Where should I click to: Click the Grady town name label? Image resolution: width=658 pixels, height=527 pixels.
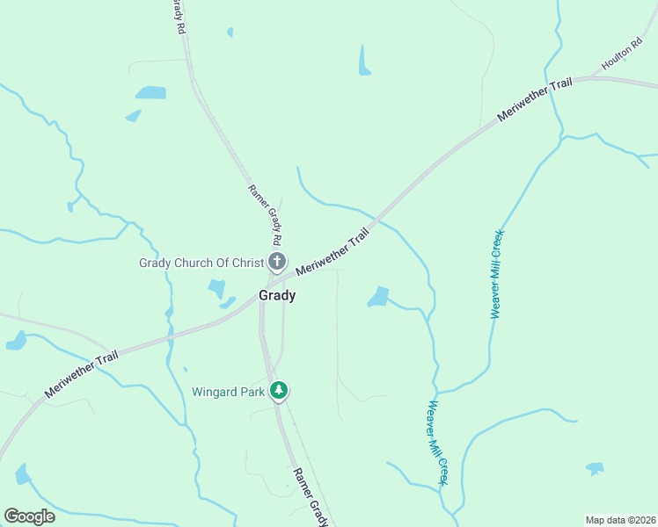(x=277, y=296)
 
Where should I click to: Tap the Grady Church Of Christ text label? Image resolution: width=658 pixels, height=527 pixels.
(x=201, y=263)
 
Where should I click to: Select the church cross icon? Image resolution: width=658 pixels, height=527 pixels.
(x=277, y=261)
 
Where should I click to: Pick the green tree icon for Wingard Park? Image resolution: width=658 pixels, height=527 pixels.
(x=279, y=390)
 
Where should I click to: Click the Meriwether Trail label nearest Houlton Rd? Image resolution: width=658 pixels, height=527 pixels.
(x=535, y=101)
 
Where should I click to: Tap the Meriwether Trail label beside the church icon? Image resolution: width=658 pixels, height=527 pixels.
(x=333, y=253)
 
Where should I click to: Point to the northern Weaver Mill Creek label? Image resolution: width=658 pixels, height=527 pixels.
(x=496, y=274)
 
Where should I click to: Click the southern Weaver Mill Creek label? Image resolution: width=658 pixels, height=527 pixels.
(x=438, y=443)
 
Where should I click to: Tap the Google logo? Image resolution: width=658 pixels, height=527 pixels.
(x=30, y=516)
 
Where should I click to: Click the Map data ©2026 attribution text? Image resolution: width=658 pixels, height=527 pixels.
(x=620, y=519)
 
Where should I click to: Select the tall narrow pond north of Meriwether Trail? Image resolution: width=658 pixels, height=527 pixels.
(x=364, y=60)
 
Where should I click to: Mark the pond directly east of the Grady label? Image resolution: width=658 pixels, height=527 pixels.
(x=378, y=297)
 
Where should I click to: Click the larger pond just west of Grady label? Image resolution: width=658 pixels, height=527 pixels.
(x=216, y=288)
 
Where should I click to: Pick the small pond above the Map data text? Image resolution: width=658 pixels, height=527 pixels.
(x=596, y=468)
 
